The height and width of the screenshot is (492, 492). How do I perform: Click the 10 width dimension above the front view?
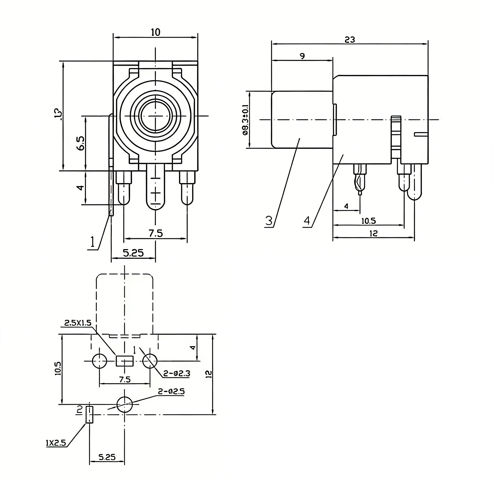[156, 32]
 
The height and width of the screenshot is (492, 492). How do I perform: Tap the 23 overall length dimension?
[350, 39]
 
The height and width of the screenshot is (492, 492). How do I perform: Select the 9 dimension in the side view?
[302, 56]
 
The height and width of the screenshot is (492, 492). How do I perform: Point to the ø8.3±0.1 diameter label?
[245, 120]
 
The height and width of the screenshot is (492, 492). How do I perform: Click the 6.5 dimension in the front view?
[81, 143]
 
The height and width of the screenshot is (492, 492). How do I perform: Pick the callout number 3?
[269, 221]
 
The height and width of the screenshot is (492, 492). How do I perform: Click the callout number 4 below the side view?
[307, 221]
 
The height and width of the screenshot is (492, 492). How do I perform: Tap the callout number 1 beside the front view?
[92, 242]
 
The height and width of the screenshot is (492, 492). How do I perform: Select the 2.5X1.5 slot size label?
[77, 323]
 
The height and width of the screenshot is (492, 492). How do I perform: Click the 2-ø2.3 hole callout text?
[177, 373]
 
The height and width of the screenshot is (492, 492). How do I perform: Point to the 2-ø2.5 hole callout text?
[171, 391]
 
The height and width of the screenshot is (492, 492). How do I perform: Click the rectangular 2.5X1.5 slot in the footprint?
[125, 361]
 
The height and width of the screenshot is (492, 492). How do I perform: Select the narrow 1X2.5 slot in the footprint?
[89, 415]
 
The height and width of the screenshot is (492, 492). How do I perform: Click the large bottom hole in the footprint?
[124, 404]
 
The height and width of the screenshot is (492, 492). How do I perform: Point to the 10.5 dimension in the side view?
[369, 221]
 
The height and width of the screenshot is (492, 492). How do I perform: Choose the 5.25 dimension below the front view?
[133, 253]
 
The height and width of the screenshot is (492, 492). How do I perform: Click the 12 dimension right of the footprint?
[209, 374]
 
